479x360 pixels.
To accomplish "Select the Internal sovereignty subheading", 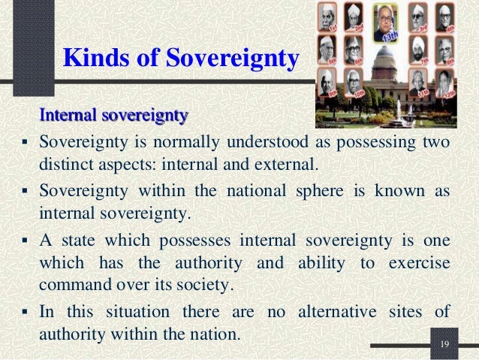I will point(113,116).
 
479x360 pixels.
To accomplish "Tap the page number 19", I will point(444,344).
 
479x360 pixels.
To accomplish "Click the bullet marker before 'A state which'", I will point(26,240).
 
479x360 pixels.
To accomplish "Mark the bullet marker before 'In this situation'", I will point(26,310).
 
